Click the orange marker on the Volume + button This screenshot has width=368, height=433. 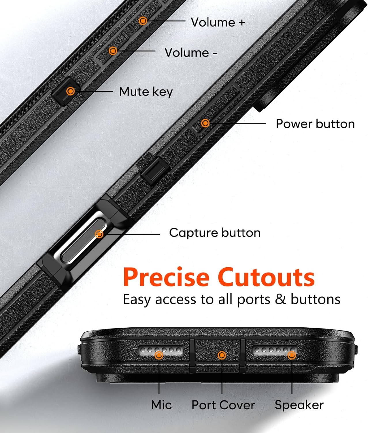pyautogui.click(x=143, y=21)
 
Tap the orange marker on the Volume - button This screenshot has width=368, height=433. pyautogui.click(x=113, y=51)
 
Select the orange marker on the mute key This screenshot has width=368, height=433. pyautogui.click(x=70, y=91)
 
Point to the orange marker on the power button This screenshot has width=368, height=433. pyautogui.click(x=205, y=123)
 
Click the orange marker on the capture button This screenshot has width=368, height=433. pyautogui.click(x=99, y=234)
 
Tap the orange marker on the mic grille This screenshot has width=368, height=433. pyautogui.click(x=159, y=355)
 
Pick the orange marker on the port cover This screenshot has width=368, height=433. pyautogui.click(x=222, y=355)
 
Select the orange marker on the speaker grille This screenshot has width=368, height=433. pyautogui.click(x=292, y=355)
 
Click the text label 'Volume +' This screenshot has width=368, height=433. pyautogui.click(x=218, y=23)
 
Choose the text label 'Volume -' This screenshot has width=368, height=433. pyautogui.click(x=191, y=53)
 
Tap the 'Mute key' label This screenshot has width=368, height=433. pyautogui.click(x=146, y=92)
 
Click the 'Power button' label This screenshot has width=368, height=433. pyautogui.click(x=315, y=124)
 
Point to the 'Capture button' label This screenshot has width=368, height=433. pyautogui.click(x=215, y=233)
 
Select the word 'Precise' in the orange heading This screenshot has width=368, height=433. pyautogui.click(x=166, y=277)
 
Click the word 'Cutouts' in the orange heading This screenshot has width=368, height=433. pyautogui.click(x=266, y=277)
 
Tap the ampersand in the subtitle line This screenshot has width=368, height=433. pyautogui.click(x=280, y=299)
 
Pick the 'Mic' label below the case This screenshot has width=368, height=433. pyautogui.click(x=161, y=405)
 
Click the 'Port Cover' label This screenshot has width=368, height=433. pyautogui.click(x=223, y=405)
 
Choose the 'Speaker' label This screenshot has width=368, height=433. pyautogui.click(x=299, y=405)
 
